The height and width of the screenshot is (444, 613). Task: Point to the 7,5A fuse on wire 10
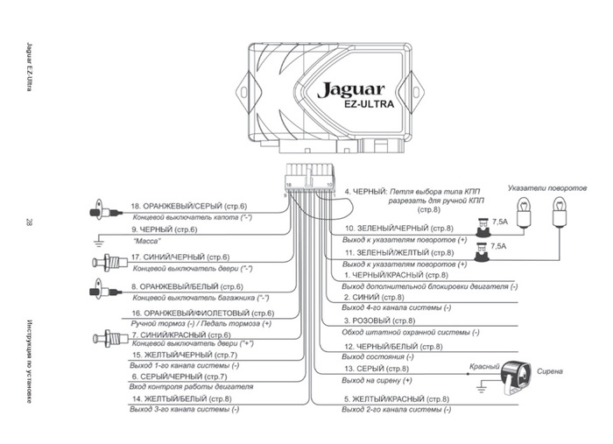tap(483, 229)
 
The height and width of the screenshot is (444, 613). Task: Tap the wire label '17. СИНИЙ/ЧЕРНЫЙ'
tap(173, 257)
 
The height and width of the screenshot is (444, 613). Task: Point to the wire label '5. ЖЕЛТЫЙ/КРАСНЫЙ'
tap(396, 399)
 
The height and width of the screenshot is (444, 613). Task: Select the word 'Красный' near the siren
tap(484, 366)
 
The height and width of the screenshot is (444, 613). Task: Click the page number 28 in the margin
tap(30, 222)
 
